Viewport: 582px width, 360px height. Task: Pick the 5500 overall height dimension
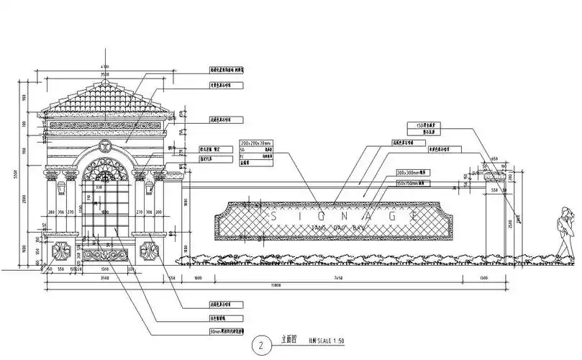(15, 175)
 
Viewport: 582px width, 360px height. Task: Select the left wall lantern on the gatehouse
(61, 188)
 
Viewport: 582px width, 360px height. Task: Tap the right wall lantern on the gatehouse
(150, 188)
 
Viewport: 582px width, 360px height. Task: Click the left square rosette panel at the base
(62, 253)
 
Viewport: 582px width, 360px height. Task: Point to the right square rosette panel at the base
(150, 253)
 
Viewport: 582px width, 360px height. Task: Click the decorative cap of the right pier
(495, 175)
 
